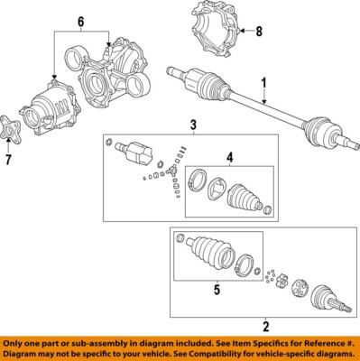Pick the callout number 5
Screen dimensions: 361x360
click(x=215, y=290)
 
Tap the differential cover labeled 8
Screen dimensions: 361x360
click(x=215, y=30)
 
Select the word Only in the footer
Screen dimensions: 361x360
click(x=15, y=343)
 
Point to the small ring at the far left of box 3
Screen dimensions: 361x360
click(x=108, y=143)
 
